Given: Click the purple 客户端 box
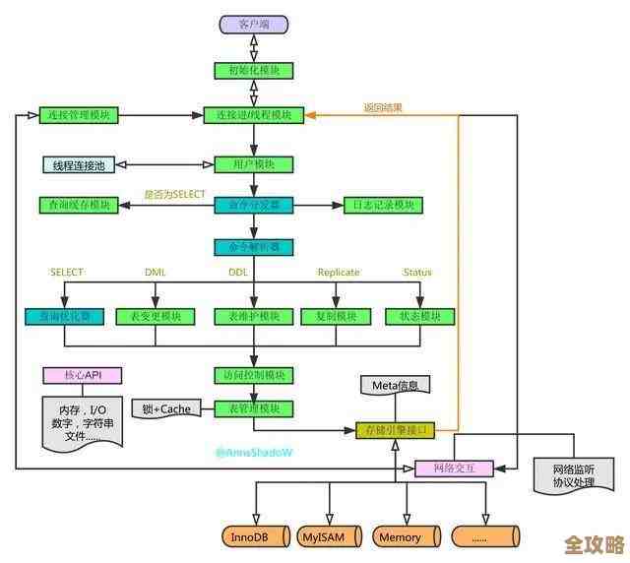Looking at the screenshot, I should pyautogui.click(x=254, y=24).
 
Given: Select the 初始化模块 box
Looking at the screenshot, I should pyautogui.click(x=254, y=70).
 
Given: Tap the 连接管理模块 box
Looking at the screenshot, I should pyautogui.click(x=79, y=115).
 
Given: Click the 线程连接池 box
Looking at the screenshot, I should pyautogui.click(x=79, y=164).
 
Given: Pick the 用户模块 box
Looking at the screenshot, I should pyautogui.click(x=254, y=164).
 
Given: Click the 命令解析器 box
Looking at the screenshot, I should pyautogui.click(x=254, y=247).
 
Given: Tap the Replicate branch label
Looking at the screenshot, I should pyautogui.click(x=339, y=273).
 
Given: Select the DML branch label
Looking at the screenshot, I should pyautogui.click(x=156, y=273).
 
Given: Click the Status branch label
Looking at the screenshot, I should pyautogui.click(x=417, y=273).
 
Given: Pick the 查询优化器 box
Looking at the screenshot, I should pyautogui.click(x=64, y=316).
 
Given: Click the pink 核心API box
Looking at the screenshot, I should pyautogui.click(x=83, y=375).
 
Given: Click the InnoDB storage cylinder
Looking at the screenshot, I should pyautogui.click(x=254, y=537).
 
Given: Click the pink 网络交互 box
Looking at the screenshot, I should pyautogui.click(x=454, y=469).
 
